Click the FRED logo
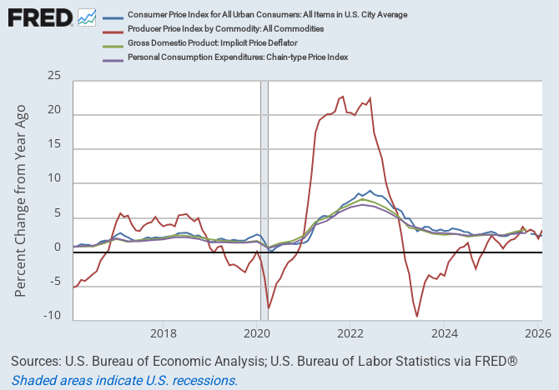tap(40, 17)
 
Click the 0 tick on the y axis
tap(58, 247)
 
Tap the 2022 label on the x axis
tap(351, 335)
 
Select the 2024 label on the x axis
tap(445, 335)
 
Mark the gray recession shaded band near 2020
tap(264, 200)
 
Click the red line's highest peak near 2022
tap(342, 97)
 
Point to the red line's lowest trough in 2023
tap(417, 316)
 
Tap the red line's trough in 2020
tap(269, 308)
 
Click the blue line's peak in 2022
tap(370, 190)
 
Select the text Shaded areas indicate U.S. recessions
tap(124, 380)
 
